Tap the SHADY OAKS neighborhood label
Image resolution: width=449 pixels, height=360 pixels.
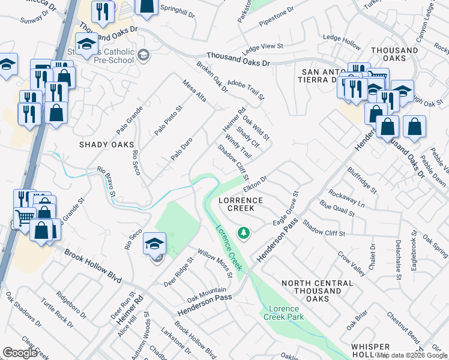(106, 145)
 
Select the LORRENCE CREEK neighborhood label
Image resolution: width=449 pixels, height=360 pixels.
(240, 204)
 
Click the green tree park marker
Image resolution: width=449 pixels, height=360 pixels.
(243, 232)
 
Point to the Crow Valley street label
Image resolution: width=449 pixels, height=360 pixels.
(351, 264)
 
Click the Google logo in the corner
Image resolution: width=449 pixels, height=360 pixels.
(20, 353)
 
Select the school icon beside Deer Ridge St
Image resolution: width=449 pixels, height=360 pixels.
(155, 244)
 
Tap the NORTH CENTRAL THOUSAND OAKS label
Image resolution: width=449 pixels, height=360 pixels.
(317, 290)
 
